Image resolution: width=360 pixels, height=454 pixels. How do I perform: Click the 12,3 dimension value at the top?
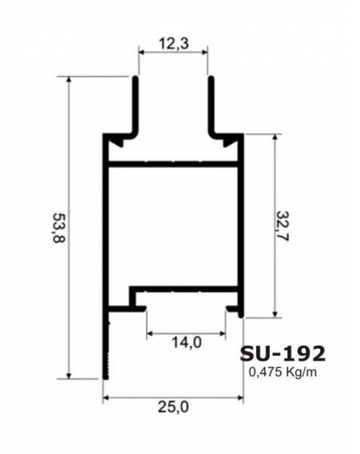pos(173,44)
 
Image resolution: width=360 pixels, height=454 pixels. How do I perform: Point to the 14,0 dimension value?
pos(186,343)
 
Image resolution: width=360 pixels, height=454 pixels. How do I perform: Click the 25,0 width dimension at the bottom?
pos(172,407)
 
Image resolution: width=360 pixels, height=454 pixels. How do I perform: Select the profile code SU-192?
pos(282,353)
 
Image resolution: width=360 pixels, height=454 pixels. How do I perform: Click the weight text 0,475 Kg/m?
pos(282,370)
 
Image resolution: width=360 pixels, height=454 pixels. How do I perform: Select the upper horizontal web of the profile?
pos(173,162)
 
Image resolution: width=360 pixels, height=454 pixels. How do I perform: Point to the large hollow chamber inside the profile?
pos(173,226)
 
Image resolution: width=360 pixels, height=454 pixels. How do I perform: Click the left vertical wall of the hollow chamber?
pos(105,226)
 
